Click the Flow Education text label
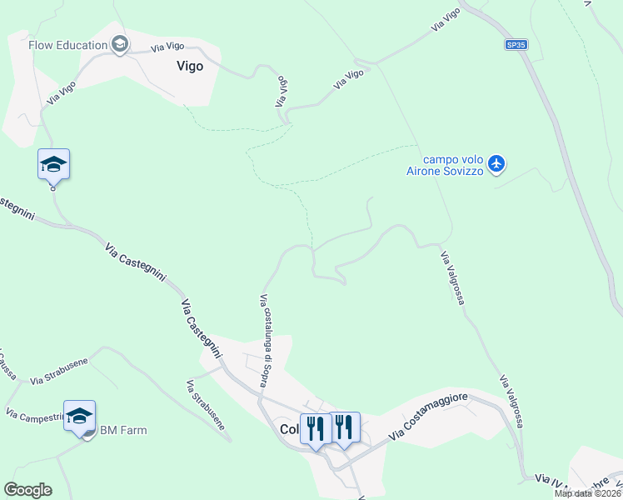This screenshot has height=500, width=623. (67, 45)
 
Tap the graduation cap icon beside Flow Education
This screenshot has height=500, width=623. (119, 44)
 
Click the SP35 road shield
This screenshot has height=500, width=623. (516, 45)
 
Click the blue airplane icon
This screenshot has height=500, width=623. (496, 162)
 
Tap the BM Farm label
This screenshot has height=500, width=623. (123, 430)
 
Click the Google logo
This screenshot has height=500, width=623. (27, 489)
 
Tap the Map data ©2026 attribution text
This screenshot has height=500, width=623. (587, 493)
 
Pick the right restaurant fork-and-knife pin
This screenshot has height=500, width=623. (344, 427)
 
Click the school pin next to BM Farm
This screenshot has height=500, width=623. (79, 416)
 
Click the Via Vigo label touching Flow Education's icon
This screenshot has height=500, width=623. (167, 48)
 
